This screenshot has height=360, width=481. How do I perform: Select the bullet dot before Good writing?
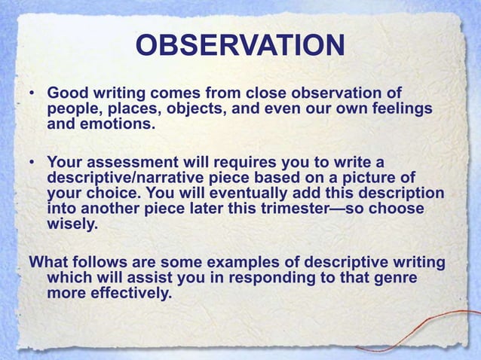tap(33, 94)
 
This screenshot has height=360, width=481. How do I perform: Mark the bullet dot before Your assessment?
tap(33, 162)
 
